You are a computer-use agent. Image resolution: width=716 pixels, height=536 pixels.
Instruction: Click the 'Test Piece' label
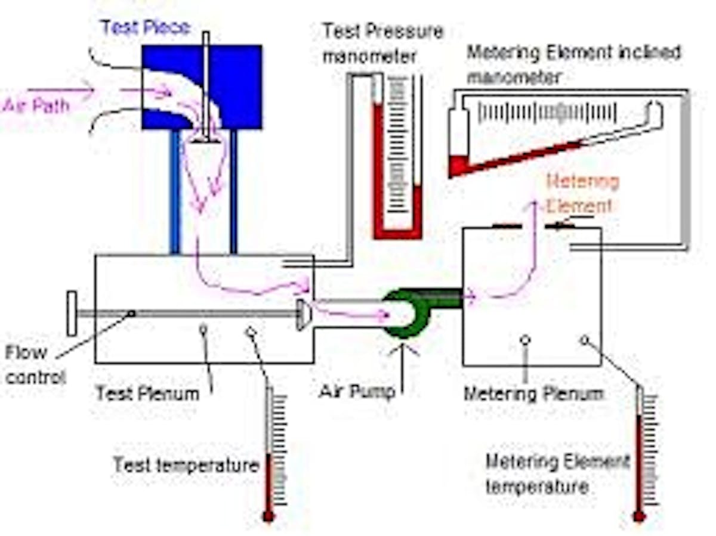tap(145, 27)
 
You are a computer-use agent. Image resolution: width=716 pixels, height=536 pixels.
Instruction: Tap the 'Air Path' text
tap(36, 106)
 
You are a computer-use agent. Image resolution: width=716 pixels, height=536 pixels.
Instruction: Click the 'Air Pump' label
tap(357, 392)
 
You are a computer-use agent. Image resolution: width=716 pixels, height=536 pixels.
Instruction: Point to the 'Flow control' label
tap(35, 364)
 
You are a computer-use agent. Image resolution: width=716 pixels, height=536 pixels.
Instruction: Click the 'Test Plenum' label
tap(147, 393)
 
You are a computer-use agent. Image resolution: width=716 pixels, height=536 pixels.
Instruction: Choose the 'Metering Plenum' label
tap(533, 394)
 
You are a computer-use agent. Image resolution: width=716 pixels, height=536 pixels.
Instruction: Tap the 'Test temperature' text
tap(186, 464)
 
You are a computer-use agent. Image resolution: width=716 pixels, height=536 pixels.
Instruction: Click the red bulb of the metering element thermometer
tap(640, 516)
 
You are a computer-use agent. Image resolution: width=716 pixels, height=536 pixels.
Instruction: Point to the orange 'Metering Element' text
tap(582, 193)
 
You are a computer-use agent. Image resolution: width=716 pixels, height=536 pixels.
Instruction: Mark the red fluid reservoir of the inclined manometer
tap(458, 165)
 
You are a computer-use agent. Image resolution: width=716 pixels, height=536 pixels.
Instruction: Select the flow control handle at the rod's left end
tap(72, 314)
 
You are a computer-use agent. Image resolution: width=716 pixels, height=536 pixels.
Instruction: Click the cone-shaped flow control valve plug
tap(303, 315)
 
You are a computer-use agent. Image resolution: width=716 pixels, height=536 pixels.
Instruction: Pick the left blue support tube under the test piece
tap(175, 191)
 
